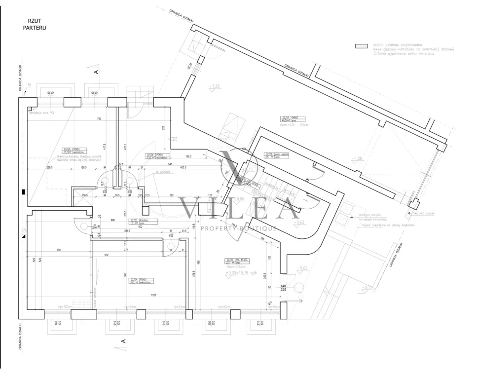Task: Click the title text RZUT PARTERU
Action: [x=34, y=25]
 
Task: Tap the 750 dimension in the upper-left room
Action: [x=99, y=119]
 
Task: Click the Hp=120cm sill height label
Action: [x=66, y=306]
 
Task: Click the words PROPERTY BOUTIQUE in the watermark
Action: [x=239, y=228]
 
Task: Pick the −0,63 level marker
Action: [x=299, y=223]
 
